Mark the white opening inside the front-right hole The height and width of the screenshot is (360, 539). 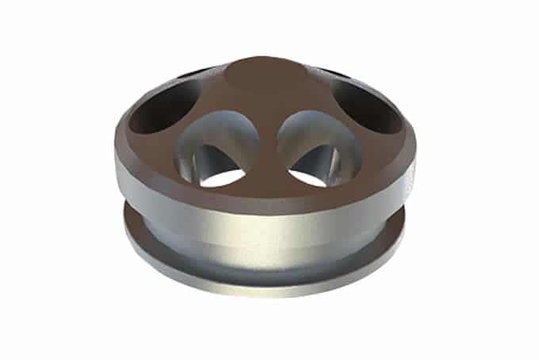click(x=311, y=174)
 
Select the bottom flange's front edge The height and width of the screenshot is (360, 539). click(x=266, y=282)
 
